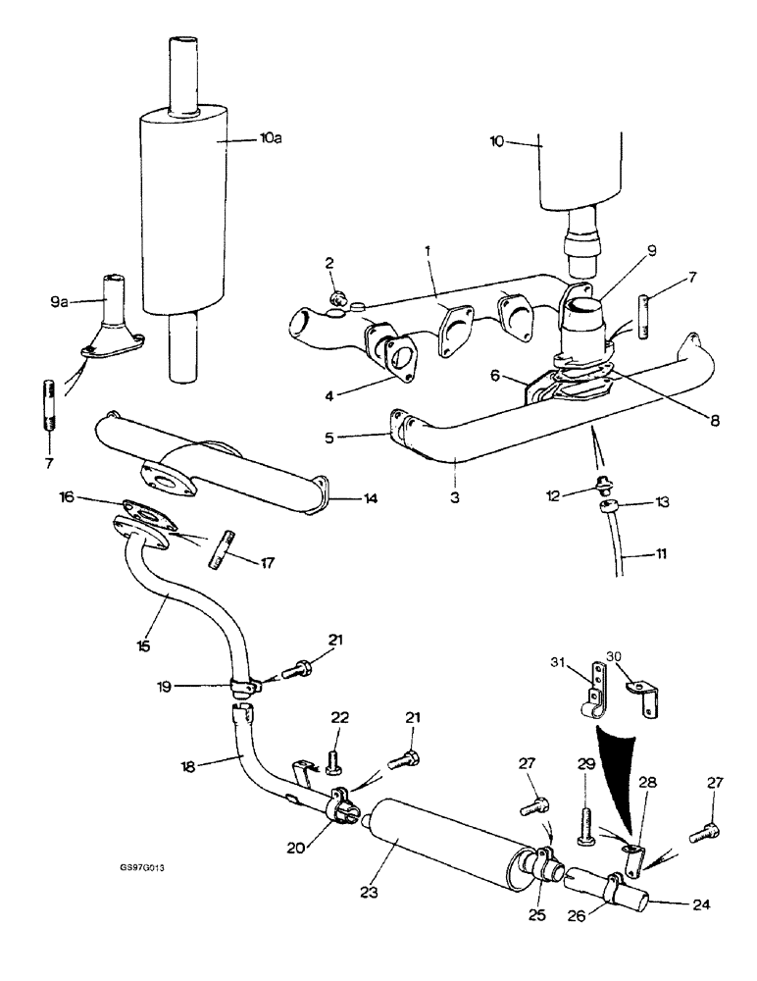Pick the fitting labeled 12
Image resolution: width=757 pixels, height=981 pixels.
(604, 483)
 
